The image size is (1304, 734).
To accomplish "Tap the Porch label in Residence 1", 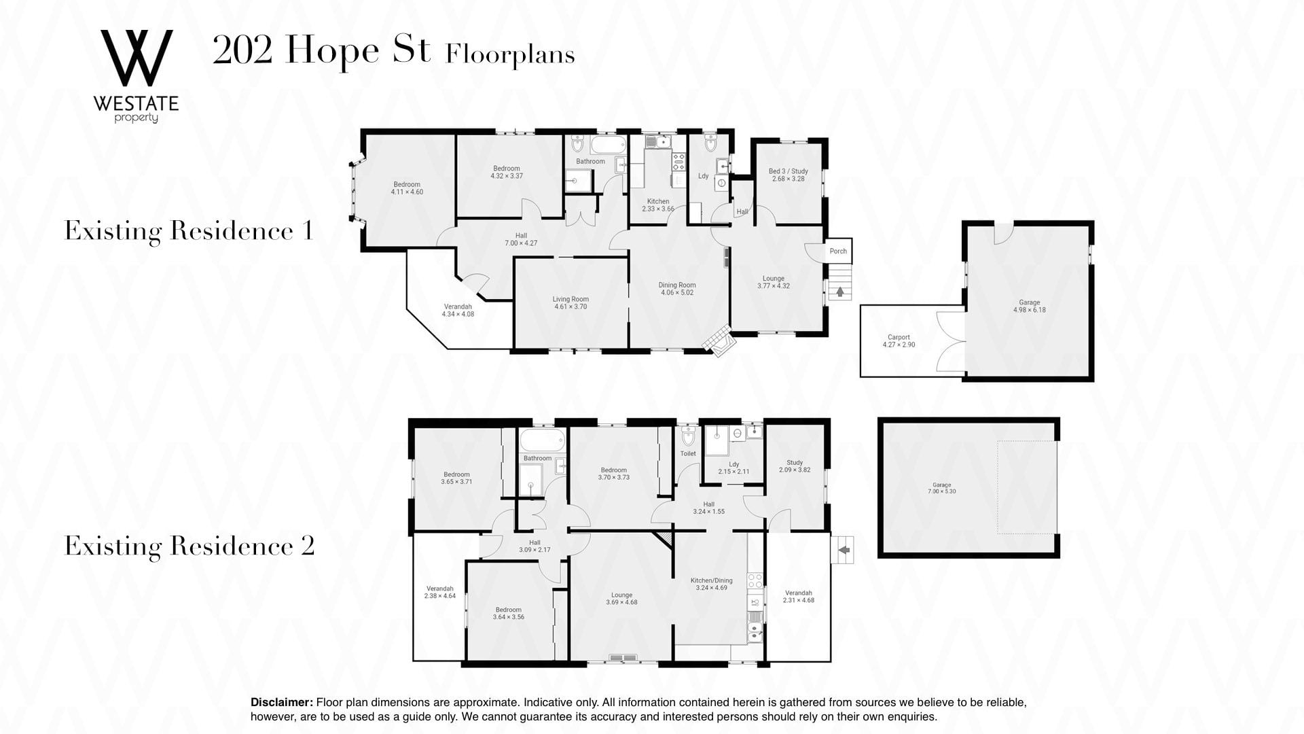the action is tap(838, 251).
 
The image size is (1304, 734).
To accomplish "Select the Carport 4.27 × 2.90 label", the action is tap(899, 341).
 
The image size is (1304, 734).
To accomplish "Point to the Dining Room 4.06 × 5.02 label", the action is tap(677, 289).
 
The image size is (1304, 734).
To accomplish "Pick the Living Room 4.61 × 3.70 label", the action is tap(570, 303).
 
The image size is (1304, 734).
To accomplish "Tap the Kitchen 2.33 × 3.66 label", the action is tap(658, 205).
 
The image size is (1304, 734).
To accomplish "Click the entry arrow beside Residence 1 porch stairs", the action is tap(840, 292).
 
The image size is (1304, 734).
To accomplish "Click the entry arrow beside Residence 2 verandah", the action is tap(844, 548).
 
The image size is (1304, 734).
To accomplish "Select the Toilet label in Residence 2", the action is tap(688, 453).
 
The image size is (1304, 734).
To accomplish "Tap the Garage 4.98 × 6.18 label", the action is tap(1029, 307).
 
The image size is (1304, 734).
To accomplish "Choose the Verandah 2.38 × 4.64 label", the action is tap(439, 592).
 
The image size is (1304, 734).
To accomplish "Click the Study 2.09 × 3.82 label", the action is tap(795, 466).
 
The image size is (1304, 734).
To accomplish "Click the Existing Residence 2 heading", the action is tap(189, 546).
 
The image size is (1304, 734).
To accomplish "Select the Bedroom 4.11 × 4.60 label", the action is tap(407, 188).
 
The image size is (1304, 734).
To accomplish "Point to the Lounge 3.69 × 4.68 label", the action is tap(621, 599).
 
